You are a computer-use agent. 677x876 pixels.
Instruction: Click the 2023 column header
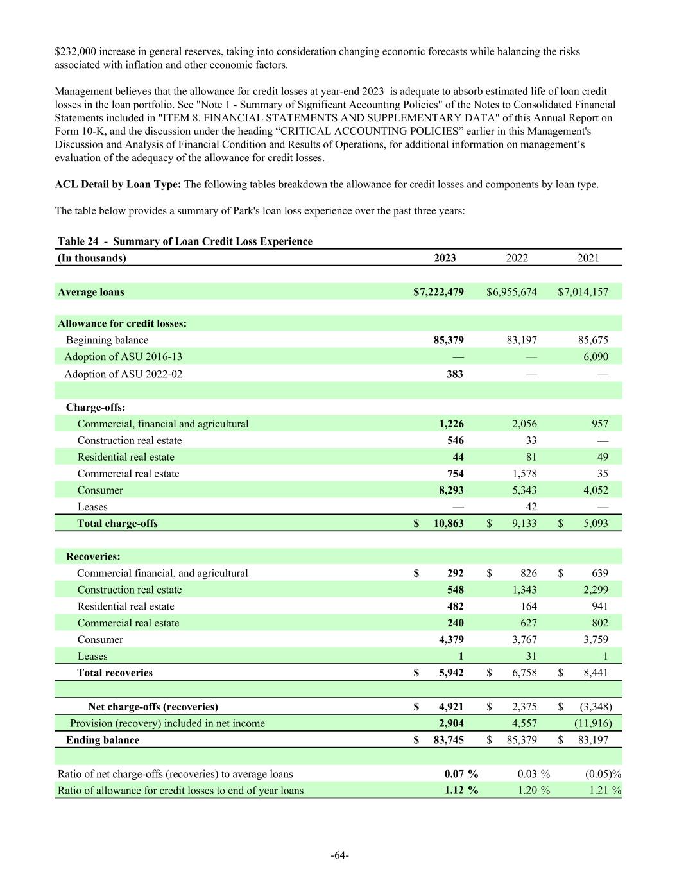445,258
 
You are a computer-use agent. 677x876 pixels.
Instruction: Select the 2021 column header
588,258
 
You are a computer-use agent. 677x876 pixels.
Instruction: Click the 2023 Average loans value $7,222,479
438,292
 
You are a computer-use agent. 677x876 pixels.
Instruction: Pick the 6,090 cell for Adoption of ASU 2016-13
596,357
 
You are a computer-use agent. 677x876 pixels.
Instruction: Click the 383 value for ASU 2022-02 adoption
454,374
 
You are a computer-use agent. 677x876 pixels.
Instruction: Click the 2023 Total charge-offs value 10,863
449,524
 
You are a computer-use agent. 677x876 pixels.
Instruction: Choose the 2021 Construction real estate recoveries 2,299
594,590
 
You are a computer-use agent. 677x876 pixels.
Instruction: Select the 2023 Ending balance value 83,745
449,740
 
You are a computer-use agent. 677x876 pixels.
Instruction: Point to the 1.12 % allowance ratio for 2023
461,790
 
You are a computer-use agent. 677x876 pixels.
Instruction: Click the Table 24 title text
185,241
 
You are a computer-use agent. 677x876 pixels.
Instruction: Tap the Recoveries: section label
93,556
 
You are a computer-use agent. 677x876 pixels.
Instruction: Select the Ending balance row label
103,740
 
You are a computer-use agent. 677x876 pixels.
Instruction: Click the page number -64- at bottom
339,855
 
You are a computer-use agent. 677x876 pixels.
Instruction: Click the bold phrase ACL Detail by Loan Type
118,185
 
